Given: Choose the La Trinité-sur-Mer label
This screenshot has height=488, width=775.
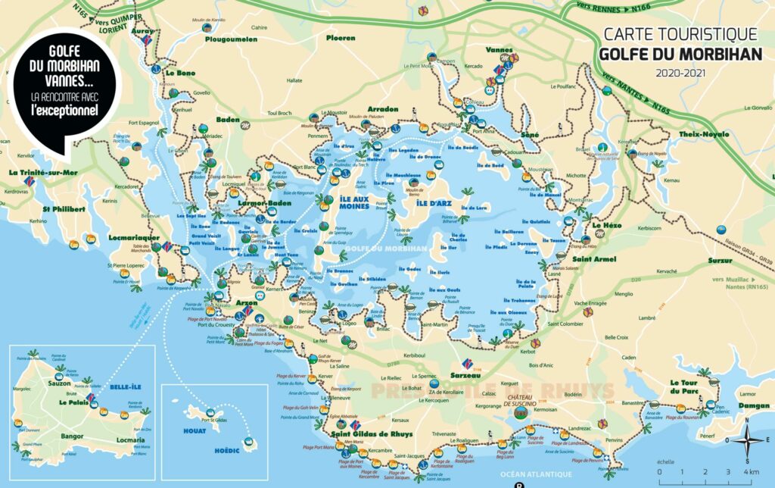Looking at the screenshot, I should (x=38, y=173).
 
